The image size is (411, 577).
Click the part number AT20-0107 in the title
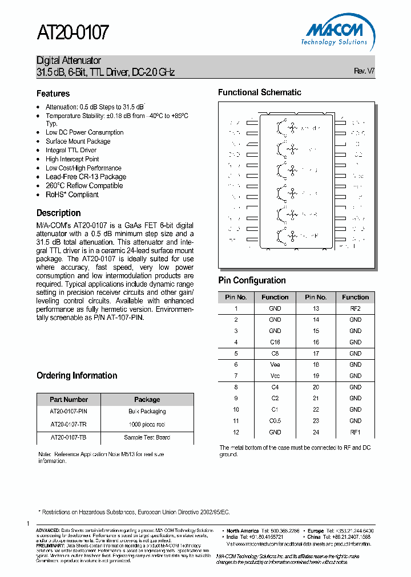coord(72,33)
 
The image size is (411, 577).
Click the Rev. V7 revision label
coord(364,71)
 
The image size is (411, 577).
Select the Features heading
coord(53,94)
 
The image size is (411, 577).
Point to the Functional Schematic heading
coord(260,92)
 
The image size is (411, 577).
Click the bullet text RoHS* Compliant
coord(72,194)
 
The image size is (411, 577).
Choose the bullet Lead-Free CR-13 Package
coord(86,177)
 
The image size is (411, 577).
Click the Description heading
coord(58,213)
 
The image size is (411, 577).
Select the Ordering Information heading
coord(76,375)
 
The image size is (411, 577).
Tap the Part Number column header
coord(68,399)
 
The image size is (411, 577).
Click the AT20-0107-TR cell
coord(68,424)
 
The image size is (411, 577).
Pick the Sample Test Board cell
coord(147,437)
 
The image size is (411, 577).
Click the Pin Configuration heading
coord(252,280)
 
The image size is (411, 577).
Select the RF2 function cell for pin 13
coord(355,308)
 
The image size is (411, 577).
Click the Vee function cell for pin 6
coord(275,364)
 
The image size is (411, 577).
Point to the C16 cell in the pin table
coord(275,342)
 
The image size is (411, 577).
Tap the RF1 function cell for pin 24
coord(355,432)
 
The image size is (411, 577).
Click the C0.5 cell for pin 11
coord(275,420)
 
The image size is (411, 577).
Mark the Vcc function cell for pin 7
coord(275,376)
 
